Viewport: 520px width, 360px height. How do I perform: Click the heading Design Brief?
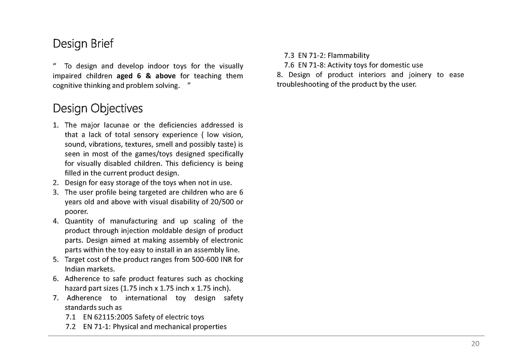83,44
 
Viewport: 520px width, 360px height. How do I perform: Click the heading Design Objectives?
97,109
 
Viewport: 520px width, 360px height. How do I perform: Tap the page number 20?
475,343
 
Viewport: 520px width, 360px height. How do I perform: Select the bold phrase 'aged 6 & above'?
146,76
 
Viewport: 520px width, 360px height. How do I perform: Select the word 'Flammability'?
348,55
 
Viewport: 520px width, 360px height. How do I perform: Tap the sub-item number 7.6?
289,65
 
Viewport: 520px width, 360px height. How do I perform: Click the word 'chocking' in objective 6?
228,279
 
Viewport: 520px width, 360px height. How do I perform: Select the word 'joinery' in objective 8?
420,75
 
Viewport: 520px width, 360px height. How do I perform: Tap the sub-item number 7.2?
70,327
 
